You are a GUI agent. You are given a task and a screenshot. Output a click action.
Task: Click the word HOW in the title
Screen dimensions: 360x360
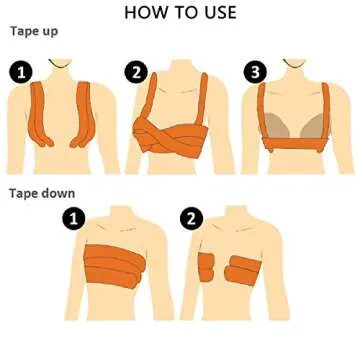145,12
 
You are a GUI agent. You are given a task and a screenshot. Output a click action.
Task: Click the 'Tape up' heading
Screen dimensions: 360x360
34,31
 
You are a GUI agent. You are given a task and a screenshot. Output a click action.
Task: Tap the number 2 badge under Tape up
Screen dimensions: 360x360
135,71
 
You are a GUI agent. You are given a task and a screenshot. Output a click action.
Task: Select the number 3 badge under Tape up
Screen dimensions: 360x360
256,71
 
